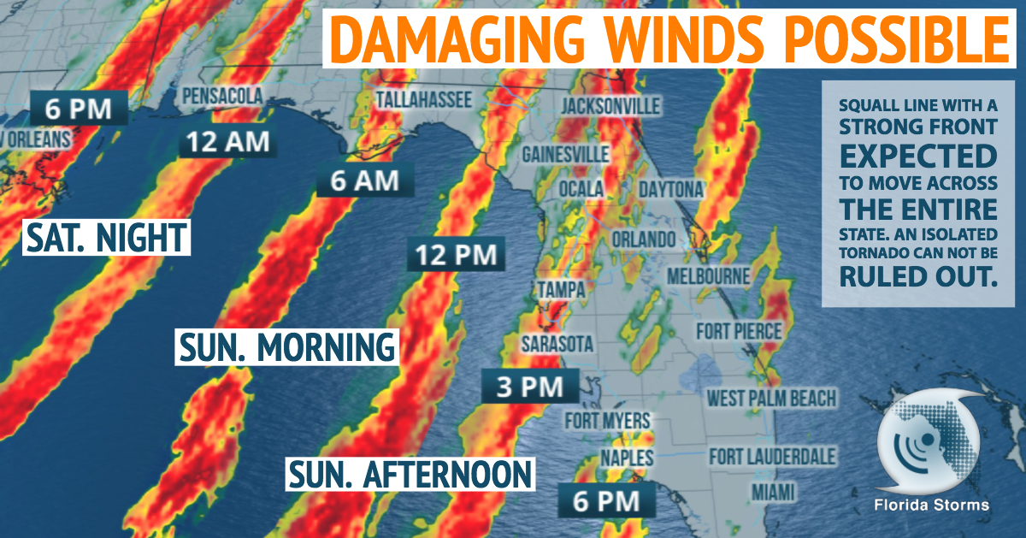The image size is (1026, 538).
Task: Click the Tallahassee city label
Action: [423, 100]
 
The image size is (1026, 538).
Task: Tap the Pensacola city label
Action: [222, 95]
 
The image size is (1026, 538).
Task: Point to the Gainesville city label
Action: [566, 154]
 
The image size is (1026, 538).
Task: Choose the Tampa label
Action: [561, 291]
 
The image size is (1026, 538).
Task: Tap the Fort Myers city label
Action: [607, 420]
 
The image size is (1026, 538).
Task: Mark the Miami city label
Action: [773, 492]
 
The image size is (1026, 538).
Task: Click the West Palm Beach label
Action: [770, 398]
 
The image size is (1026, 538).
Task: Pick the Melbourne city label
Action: [708, 277]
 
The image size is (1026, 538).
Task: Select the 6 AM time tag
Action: [365, 181]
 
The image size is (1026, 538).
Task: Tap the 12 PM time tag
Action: [456, 255]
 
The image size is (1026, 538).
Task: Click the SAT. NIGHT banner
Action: [105, 237]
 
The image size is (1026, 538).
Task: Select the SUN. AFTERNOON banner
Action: [410, 472]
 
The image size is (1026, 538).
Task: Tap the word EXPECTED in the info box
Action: [917, 156]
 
